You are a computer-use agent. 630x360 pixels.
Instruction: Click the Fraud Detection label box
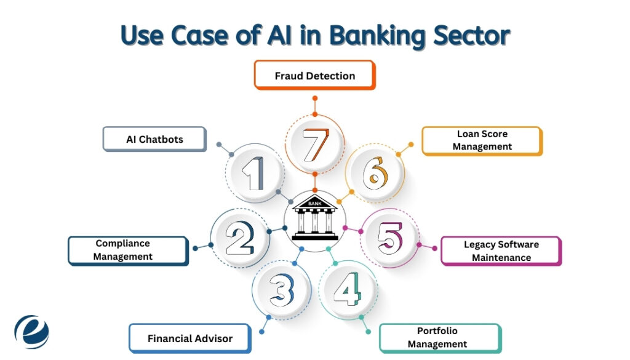[314, 76]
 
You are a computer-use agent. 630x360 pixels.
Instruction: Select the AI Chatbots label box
[154, 139]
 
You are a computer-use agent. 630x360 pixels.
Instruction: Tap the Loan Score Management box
[482, 140]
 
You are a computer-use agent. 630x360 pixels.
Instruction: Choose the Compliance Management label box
[127, 250]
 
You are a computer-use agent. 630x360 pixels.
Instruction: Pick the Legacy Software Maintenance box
[501, 251]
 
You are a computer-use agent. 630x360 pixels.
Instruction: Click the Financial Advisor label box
[189, 338]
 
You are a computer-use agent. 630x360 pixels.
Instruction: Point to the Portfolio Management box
[440, 338]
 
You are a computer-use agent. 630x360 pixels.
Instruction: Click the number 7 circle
[315, 145]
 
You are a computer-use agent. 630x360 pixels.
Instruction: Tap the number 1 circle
[255, 173]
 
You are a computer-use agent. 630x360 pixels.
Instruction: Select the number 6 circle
[374, 174]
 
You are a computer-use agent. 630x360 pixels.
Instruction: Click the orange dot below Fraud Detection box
[315, 98]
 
